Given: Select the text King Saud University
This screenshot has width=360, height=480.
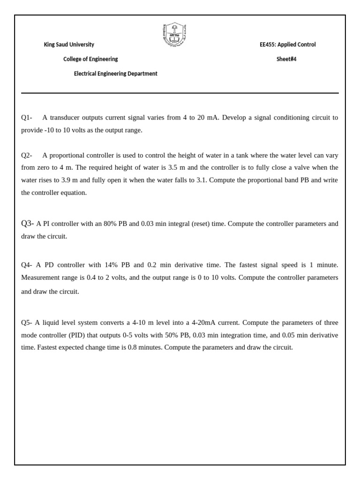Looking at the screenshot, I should pos(69,45).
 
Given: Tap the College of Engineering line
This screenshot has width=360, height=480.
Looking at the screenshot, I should pos(90,59).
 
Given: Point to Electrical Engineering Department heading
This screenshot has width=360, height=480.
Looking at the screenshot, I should pos(116,74).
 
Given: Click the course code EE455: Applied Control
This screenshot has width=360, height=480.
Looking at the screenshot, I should pos(287,45).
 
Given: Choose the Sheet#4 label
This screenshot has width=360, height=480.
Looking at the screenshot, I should pos(286,59).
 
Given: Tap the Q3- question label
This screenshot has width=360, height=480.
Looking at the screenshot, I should pos(27,224).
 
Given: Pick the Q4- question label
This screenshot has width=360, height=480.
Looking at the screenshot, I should pos(27,265).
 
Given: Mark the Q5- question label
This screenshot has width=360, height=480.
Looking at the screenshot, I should pos(27,322).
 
